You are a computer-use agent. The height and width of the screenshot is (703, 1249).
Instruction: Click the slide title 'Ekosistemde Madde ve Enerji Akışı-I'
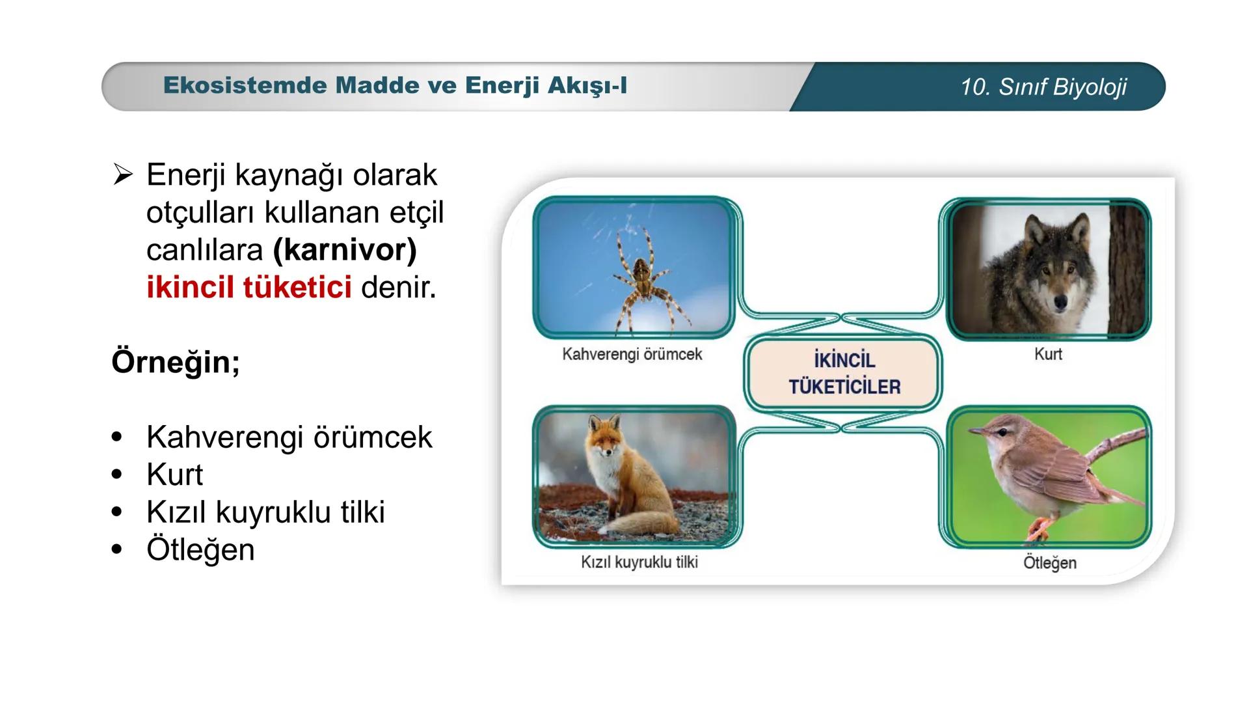(x=395, y=85)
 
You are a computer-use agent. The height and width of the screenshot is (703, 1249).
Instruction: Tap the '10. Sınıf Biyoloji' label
(x=1043, y=87)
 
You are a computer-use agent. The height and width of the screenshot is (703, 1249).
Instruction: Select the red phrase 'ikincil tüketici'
(x=249, y=287)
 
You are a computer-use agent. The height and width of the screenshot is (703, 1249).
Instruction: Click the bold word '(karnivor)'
(x=345, y=250)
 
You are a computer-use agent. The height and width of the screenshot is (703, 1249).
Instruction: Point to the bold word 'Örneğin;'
(x=176, y=362)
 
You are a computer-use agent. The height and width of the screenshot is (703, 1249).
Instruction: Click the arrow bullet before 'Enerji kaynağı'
(x=123, y=174)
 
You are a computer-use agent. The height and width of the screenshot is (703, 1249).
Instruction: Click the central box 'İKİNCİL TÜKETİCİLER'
(x=844, y=373)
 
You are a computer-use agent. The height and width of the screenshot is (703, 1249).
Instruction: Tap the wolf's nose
(x=1060, y=302)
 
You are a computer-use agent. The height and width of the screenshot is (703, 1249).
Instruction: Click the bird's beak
(x=977, y=431)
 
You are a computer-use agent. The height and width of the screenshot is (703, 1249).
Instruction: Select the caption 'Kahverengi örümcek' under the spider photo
(x=632, y=355)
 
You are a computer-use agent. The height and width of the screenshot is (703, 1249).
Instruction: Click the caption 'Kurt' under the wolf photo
(x=1048, y=355)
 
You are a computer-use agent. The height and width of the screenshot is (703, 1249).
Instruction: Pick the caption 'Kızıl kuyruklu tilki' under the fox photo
(x=639, y=562)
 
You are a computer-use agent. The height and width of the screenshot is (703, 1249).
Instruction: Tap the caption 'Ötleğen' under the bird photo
(x=1050, y=563)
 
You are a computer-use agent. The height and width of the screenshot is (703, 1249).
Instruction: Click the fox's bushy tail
(x=644, y=523)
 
